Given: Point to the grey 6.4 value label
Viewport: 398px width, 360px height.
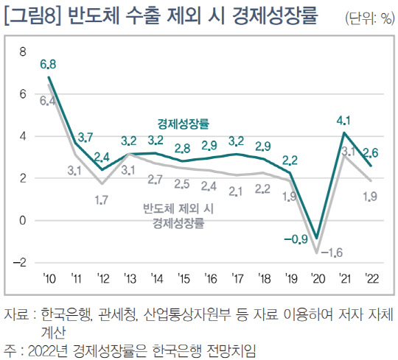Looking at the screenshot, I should (x=49, y=100).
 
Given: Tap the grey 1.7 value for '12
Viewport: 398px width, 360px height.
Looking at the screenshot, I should (x=102, y=199).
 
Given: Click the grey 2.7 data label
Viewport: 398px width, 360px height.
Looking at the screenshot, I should (x=156, y=179).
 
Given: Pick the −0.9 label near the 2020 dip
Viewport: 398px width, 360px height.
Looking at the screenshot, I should (x=296, y=239).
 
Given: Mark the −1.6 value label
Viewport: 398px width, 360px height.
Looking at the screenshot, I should (x=333, y=253).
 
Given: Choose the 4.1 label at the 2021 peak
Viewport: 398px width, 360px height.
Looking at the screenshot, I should (x=343, y=120).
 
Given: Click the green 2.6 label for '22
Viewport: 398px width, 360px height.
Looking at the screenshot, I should (x=371, y=152).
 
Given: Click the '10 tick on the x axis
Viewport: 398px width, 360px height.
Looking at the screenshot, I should (x=49, y=278).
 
